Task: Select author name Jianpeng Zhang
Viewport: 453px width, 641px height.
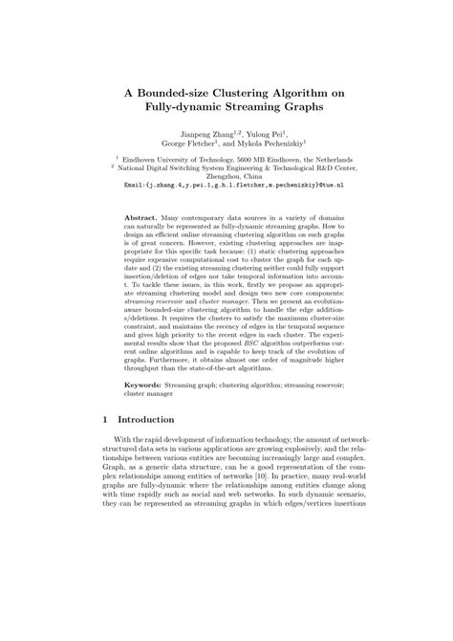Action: tap(200, 134)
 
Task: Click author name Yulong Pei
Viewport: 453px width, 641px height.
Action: tap(256, 134)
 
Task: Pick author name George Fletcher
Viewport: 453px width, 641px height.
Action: tap(182, 145)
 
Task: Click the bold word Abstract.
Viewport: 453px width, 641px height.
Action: tap(141, 218)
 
